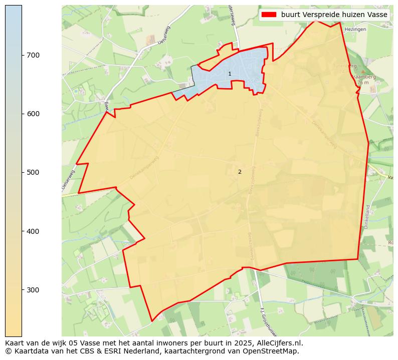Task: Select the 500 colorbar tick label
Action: pyautogui.click(x=33, y=172)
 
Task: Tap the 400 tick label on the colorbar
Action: pyautogui.click(x=33, y=231)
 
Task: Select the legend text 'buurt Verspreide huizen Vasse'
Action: pyautogui.click(x=334, y=15)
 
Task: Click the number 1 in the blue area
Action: pyautogui.click(x=230, y=74)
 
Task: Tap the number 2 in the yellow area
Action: pyautogui.click(x=240, y=172)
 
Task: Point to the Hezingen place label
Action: pyautogui.click(x=355, y=30)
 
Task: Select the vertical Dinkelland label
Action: pyautogui.click(x=367, y=216)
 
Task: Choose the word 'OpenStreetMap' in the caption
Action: pyautogui.click(x=273, y=351)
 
